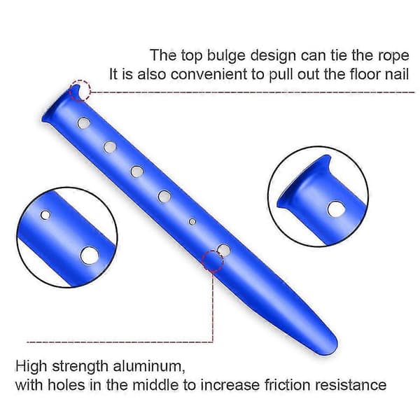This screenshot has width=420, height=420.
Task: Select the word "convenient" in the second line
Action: [x=209, y=74]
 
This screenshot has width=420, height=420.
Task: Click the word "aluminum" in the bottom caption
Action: [x=149, y=366]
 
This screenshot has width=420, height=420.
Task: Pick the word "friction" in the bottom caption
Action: [x=288, y=385]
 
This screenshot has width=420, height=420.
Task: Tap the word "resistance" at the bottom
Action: [x=351, y=385]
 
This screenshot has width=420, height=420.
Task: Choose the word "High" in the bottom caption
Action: [x=31, y=367]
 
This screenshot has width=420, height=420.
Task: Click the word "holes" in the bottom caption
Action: [x=66, y=385]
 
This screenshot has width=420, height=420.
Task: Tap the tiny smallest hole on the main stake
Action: [x=192, y=221]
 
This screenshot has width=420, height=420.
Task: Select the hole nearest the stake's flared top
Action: [x=84, y=123]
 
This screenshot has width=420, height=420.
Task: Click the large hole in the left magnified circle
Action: [x=90, y=255]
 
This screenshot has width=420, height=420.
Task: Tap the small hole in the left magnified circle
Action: [x=45, y=215]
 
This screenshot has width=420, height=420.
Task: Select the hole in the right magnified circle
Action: [x=336, y=209]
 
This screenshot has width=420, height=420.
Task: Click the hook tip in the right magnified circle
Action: [x=328, y=157]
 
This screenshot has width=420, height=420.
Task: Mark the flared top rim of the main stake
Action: [x=59, y=103]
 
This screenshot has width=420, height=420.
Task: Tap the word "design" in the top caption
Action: [x=273, y=57]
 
